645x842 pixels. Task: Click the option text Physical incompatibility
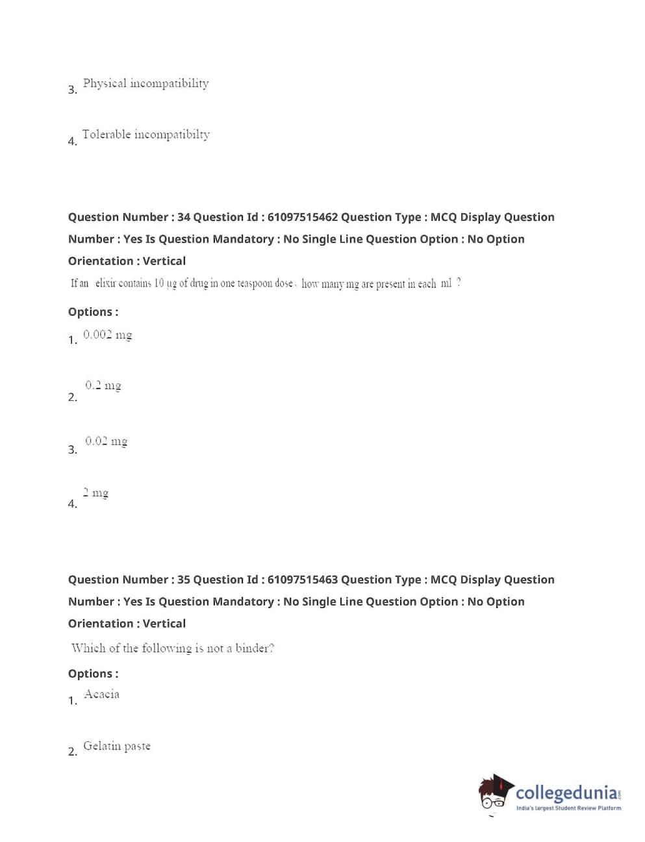(145, 83)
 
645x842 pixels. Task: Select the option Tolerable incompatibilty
(145, 134)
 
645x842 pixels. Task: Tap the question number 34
(184, 217)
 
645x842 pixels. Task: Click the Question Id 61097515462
(303, 217)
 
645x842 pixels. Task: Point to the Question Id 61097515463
(303, 580)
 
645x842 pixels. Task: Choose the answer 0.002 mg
(107, 335)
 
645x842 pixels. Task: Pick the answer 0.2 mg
(103, 385)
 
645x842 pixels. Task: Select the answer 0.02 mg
(106, 441)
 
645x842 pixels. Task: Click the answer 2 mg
(95, 492)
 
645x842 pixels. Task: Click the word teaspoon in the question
(255, 283)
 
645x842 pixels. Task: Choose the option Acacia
(101, 694)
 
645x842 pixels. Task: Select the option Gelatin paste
(117, 746)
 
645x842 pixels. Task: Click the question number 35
(184, 580)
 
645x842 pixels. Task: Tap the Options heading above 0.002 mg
(93, 312)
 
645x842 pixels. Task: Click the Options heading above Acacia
(93, 674)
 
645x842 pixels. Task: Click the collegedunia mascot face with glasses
(495, 795)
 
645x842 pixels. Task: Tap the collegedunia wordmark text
(566, 793)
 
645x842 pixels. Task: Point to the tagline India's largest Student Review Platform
(568, 808)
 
